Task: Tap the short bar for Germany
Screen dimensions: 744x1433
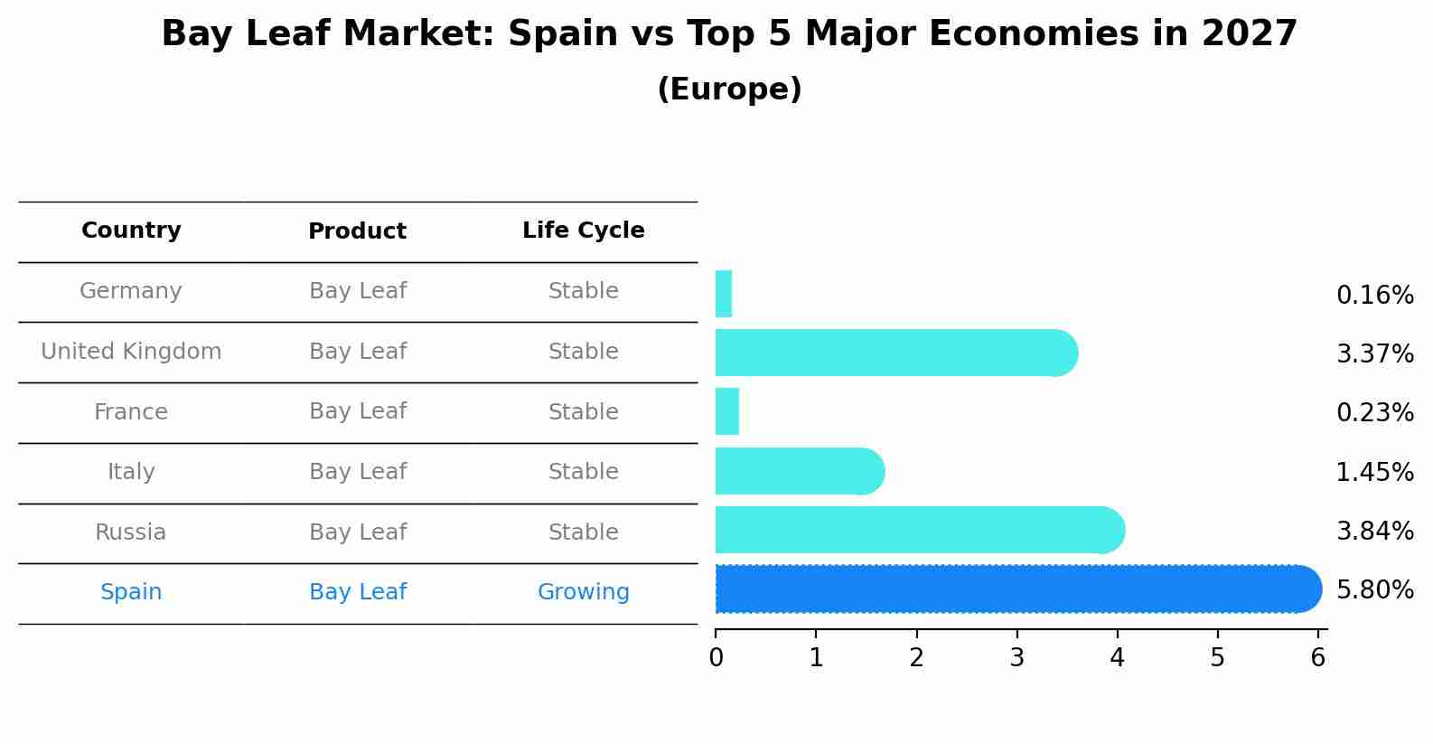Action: tap(724, 294)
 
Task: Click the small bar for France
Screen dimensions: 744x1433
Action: tap(727, 411)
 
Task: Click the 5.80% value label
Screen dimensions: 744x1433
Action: tap(1374, 590)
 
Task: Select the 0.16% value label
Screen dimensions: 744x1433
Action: tap(1374, 296)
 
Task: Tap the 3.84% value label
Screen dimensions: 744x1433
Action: tap(1374, 532)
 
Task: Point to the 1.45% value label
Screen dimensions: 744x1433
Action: tap(1374, 472)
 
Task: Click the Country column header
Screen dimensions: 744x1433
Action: tap(131, 231)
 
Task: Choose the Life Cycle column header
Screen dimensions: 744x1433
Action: tap(583, 231)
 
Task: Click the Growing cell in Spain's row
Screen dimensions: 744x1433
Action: tap(583, 592)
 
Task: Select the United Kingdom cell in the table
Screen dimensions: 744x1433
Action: tap(131, 352)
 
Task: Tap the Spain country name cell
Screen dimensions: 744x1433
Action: tap(131, 592)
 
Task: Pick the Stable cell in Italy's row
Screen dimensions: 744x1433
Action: tap(583, 472)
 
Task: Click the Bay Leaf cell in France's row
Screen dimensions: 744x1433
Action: tap(358, 411)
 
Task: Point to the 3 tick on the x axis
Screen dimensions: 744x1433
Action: tap(1017, 658)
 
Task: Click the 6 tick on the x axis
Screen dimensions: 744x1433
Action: tap(1317, 658)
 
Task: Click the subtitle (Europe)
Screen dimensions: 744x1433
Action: tap(729, 89)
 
